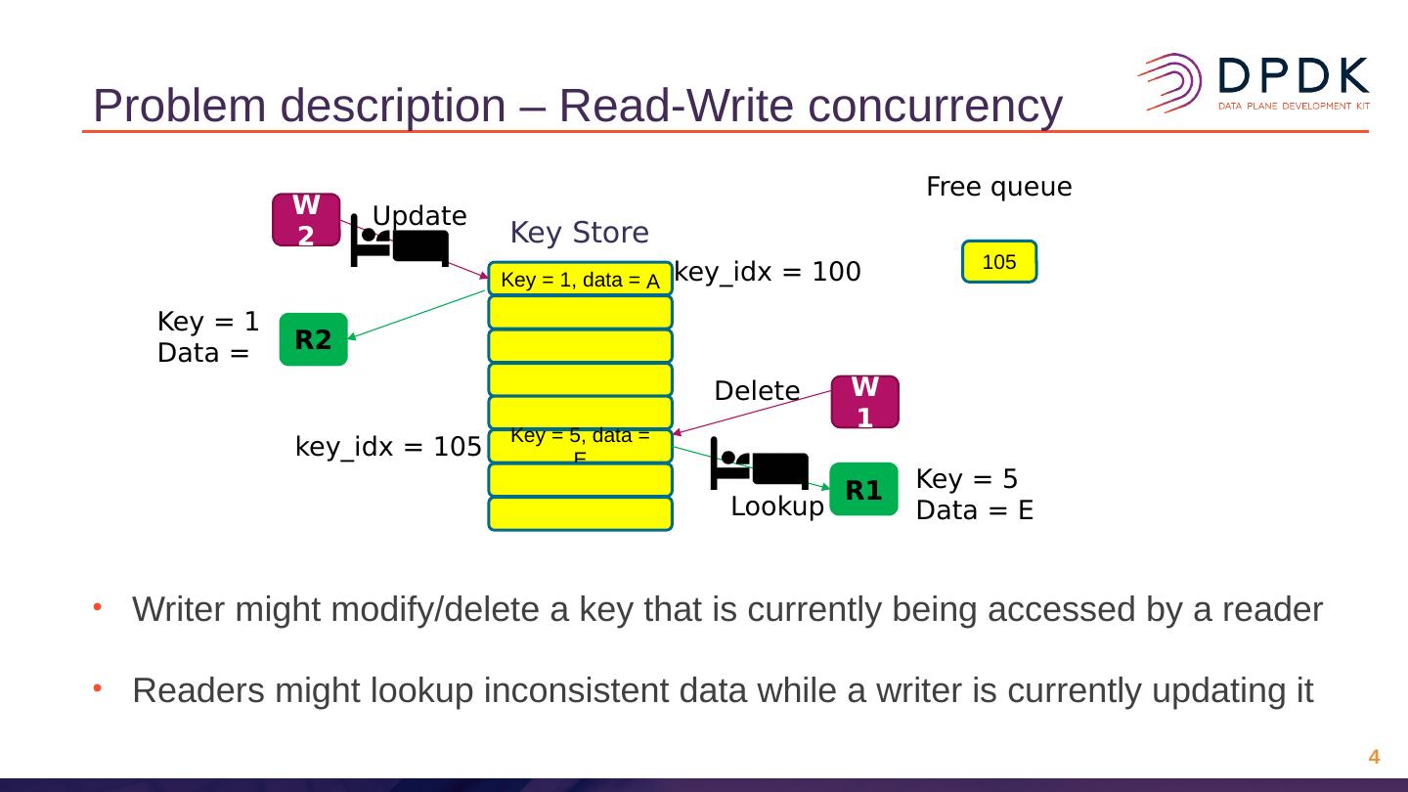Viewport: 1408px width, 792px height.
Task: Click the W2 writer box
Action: click(306, 219)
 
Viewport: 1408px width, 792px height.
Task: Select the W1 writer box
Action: click(864, 402)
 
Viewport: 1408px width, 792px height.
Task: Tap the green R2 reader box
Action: click(313, 339)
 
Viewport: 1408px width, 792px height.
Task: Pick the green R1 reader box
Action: click(863, 489)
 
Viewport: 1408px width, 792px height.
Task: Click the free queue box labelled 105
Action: click(999, 262)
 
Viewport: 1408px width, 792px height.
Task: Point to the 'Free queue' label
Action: click(998, 187)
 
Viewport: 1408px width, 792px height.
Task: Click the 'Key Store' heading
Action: click(579, 233)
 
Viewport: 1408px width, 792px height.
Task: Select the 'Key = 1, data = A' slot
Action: click(580, 280)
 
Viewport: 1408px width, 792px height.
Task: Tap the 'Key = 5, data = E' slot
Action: click(580, 446)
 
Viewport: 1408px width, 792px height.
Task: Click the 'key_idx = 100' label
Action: click(768, 272)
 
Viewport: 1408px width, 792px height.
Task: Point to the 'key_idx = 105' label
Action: click(388, 447)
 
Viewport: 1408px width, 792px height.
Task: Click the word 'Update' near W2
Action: click(419, 215)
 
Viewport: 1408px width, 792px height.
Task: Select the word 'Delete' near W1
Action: click(757, 391)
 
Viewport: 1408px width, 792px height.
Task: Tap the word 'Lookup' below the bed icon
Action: click(777, 506)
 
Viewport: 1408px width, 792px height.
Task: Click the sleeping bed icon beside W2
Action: click(399, 242)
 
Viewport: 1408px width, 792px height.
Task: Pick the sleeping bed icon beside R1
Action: click(760, 463)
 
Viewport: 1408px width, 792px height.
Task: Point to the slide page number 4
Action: click(1374, 757)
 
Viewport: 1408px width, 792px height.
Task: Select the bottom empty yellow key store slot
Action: click(580, 514)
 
